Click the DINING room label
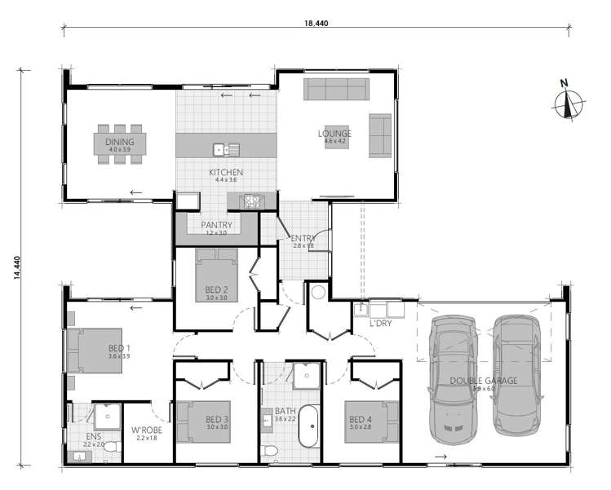(x=120, y=142)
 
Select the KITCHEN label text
(x=226, y=172)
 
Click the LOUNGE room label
(x=334, y=134)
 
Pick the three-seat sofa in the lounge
(x=335, y=89)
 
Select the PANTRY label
(x=216, y=225)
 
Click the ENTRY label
(x=303, y=238)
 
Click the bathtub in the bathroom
(x=310, y=427)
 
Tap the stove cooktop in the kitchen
(x=249, y=201)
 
